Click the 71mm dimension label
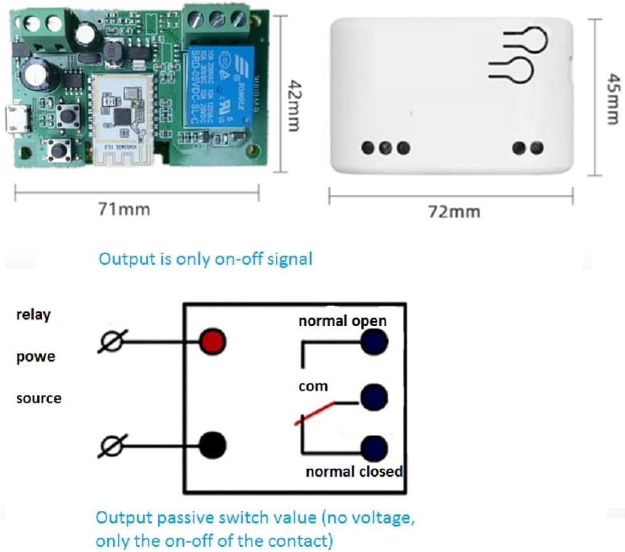click(125, 209)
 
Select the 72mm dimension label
click(455, 211)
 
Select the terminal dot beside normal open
click(373, 343)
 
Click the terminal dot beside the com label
click(373, 399)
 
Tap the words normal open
click(342, 320)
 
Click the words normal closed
click(354, 472)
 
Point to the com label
click(313, 386)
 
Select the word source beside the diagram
click(39, 399)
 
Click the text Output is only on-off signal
click(205, 259)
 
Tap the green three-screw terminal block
click(217, 22)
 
